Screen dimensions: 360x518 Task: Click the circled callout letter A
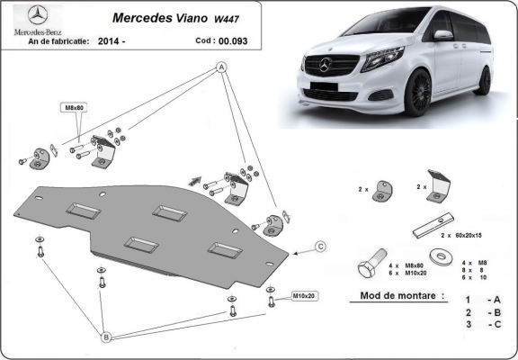[x=220, y=68]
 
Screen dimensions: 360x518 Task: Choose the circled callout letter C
[x=319, y=245]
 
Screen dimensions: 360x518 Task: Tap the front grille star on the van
[x=326, y=66]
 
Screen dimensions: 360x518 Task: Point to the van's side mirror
[x=442, y=36]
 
